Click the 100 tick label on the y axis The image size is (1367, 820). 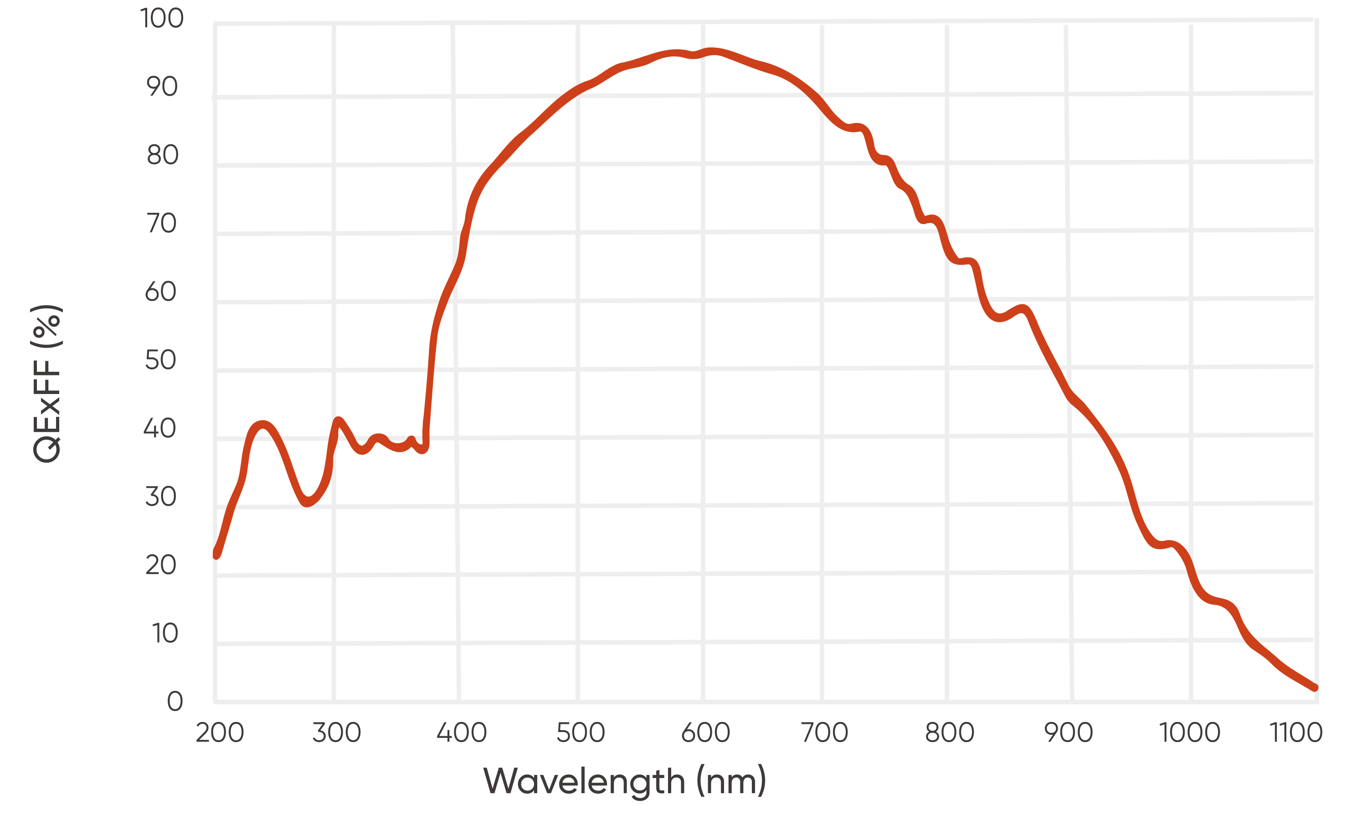[x=161, y=19]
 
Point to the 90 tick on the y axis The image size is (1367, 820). [x=162, y=87]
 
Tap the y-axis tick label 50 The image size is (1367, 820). [x=161, y=361]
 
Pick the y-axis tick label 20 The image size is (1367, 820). [x=161, y=566]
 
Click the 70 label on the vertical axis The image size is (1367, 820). [x=161, y=224]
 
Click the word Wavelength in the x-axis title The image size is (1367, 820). [x=584, y=782]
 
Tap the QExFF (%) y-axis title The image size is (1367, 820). [x=47, y=384]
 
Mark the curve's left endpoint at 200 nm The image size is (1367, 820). [x=216, y=554]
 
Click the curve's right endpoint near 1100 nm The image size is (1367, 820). [x=1315, y=688]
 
